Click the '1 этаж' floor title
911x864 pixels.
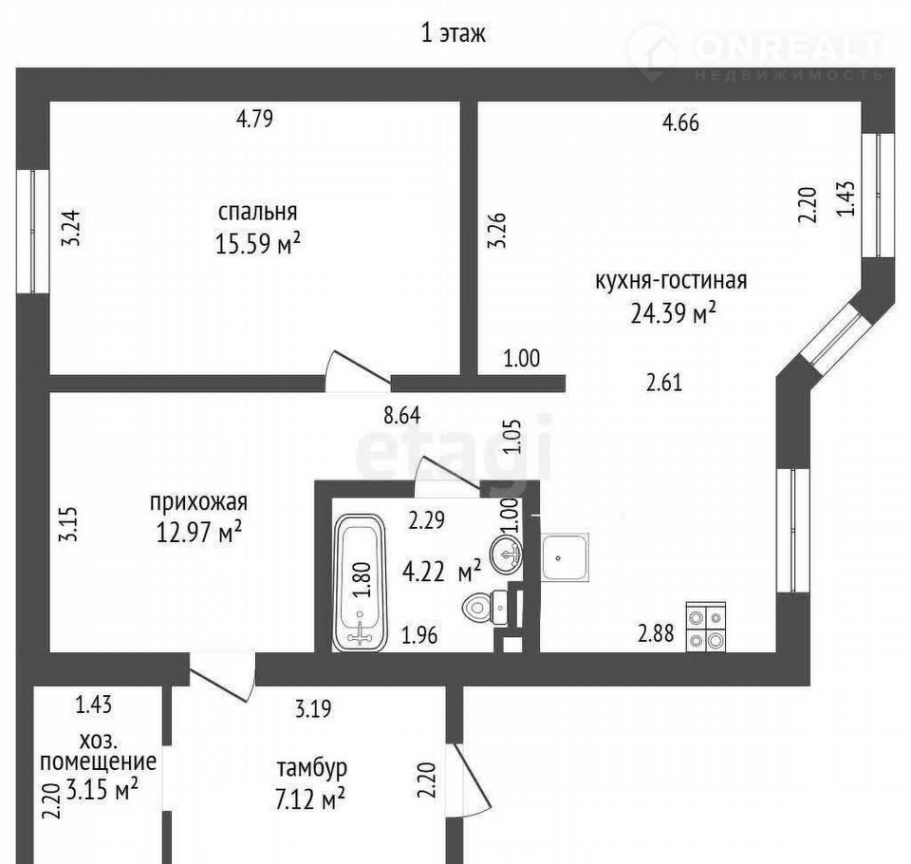tap(453, 33)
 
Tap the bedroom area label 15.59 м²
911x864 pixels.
tap(258, 243)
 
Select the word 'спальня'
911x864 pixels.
tap(257, 213)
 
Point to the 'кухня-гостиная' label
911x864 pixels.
tap(671, 281)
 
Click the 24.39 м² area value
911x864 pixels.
tap(673, 314)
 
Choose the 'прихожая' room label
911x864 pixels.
tap(198, 502)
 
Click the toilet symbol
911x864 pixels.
tap(486, 609)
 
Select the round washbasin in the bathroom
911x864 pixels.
tap(506, 554)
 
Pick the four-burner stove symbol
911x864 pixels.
tap(706, 627)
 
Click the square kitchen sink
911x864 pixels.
tap(564, 557)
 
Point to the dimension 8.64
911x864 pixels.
tap(402, 416)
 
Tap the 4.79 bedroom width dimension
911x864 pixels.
tap(254, 119)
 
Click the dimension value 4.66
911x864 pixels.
tap(680, 122)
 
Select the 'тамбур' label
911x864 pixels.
tap(312, 767)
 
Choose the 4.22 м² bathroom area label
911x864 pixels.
tap(441, 572)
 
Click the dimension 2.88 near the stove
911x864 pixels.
tap(656, 633)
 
